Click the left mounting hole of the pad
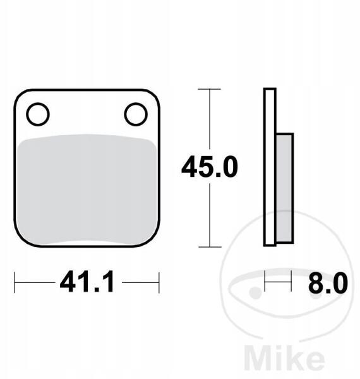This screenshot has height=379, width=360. pos(38,114)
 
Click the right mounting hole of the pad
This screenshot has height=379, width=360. pos(136,114)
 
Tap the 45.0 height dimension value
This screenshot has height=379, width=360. pos(210,167)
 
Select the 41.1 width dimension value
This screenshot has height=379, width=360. pos(87,282)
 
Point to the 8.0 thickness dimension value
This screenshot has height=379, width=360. pos(328,282)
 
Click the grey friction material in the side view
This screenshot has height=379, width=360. pos(284,188)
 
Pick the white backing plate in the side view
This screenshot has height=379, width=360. pos(270,167)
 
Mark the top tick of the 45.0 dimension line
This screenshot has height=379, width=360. pos(209,89)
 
